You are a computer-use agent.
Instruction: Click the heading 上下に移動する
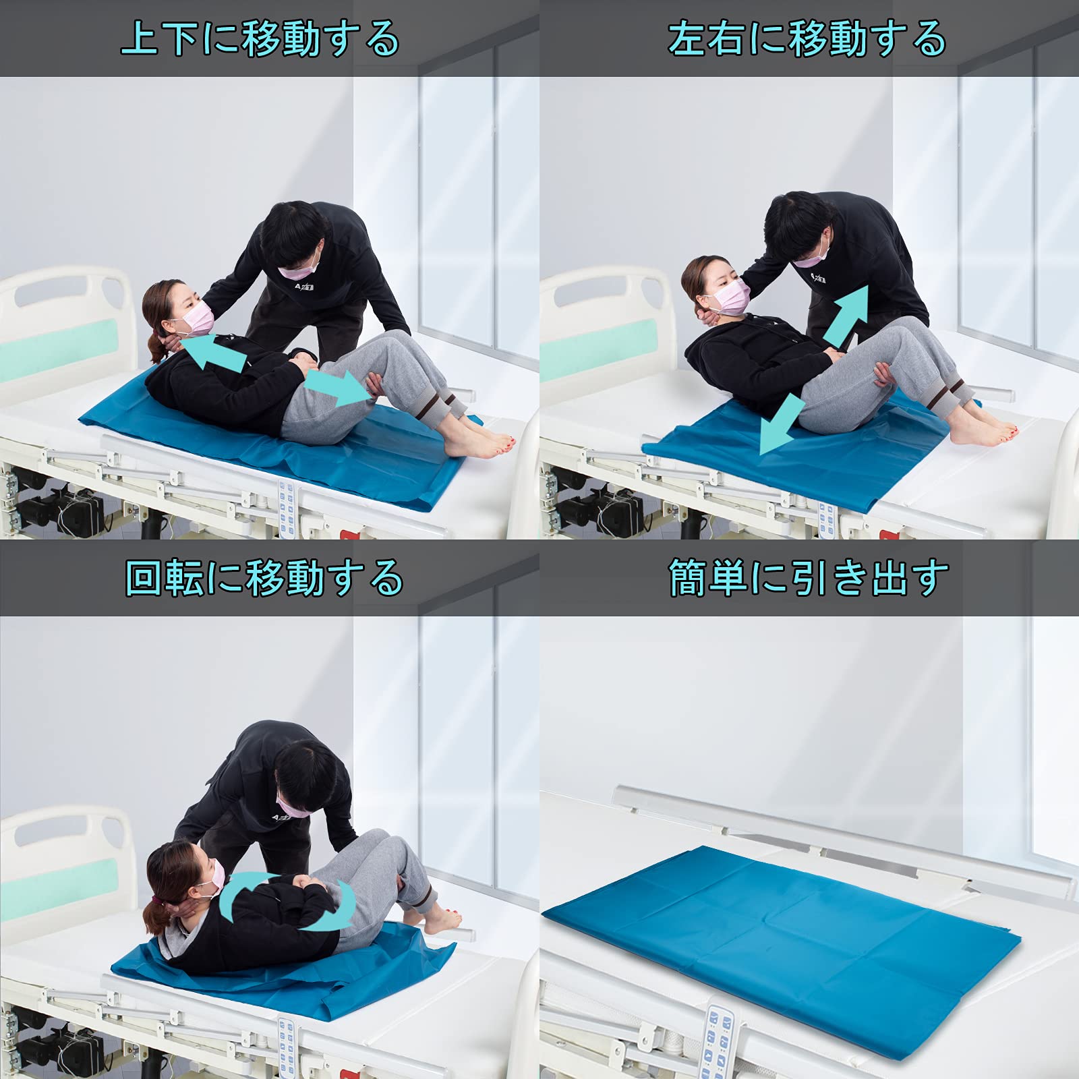pos(260,38)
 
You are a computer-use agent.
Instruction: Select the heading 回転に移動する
pos(264,578)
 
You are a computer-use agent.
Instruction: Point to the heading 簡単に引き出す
pos(809,578)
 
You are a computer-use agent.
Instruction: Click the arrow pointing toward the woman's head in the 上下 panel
pos(214,353)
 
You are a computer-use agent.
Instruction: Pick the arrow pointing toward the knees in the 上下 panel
pos(338,388)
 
